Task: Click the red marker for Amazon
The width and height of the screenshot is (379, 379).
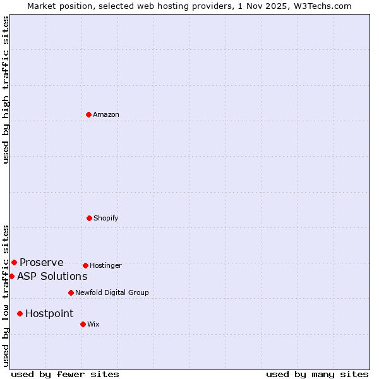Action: (88, 114)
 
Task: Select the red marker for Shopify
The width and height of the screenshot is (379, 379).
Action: (89, 218)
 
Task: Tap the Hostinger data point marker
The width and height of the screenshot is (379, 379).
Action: (85, 265)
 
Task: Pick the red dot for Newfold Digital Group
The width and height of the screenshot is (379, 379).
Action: (71, 292)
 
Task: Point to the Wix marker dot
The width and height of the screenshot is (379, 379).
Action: (83, 324)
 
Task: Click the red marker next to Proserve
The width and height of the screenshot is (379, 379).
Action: (14, 262)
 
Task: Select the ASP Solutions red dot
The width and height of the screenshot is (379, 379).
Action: (11, 276)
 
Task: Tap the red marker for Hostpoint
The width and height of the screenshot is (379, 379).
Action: (20, 313)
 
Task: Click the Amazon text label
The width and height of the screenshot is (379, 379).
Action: (106, 114)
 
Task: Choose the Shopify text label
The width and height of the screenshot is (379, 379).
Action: (106, 218)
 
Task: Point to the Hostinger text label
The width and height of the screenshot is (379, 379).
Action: (105, 265)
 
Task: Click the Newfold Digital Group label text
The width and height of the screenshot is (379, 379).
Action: (112, 292)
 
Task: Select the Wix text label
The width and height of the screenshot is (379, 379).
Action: (93, 324)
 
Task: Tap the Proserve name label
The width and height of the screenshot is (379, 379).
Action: (42, 262)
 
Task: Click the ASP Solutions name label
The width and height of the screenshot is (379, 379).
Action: (52, 276)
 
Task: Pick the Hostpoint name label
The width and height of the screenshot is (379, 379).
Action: (49, 313)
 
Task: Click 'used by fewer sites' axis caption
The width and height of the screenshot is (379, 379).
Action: (65, 374)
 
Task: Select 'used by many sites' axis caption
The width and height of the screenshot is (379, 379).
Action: (317, 374)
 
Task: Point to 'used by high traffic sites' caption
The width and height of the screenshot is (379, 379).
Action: (6, 90)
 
